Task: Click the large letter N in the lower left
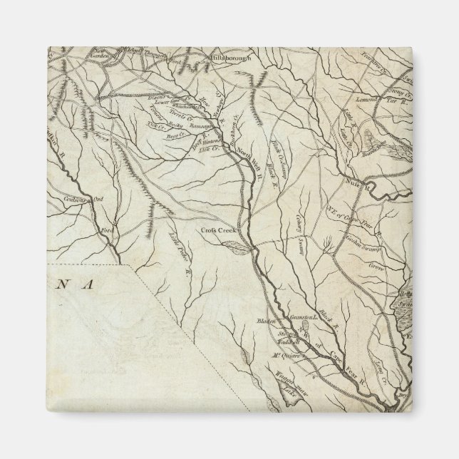(x=64, y=284)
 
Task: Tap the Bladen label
(x=265, y=321)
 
